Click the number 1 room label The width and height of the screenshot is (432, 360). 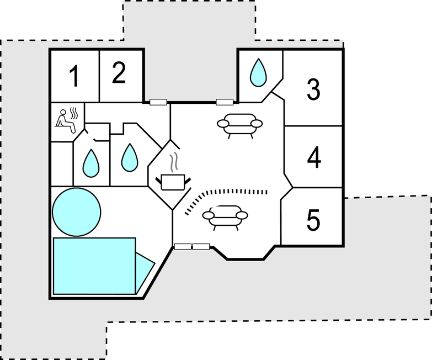coord(74,76)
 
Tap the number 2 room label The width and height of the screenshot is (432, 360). coord(119,73)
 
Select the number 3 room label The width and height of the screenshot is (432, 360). coord(313,89)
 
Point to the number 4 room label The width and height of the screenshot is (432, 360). coord(314,158)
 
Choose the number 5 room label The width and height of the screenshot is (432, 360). coord(313,221)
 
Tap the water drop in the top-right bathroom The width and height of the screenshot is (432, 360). coord(258,72)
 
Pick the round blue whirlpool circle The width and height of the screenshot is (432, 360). coord(76,212)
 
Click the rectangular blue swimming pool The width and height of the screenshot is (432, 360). coord(94,266)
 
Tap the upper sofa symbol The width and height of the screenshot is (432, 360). coord(239,124)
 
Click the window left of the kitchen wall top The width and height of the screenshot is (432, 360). coord(158,102)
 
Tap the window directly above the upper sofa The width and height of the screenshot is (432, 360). coord(224,102)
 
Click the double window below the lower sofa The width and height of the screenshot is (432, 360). coord(191,247)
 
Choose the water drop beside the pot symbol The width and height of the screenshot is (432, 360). coord(130,157)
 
